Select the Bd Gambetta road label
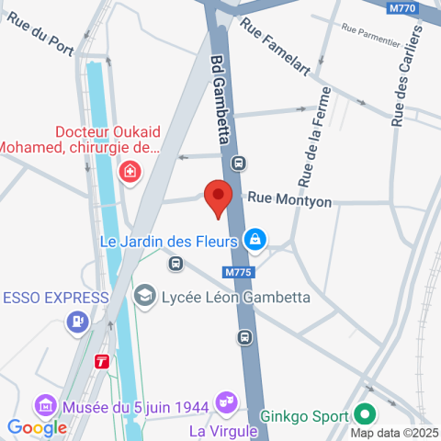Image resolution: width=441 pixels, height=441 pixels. click(x=220, y=101)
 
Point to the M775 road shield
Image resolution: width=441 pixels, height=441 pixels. click(x=236, y=273)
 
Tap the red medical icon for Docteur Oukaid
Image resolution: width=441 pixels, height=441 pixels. click(x=130, y=171)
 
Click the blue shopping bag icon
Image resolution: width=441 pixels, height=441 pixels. click(x=255, y=242)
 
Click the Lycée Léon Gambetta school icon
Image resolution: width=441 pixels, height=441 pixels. click(x=144, y=296)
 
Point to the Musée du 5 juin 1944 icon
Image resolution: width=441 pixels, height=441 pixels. click(x=43, y=404)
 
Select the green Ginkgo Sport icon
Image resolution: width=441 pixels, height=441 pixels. click(x=364, y=414)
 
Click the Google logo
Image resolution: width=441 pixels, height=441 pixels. click(x=37, y=427)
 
